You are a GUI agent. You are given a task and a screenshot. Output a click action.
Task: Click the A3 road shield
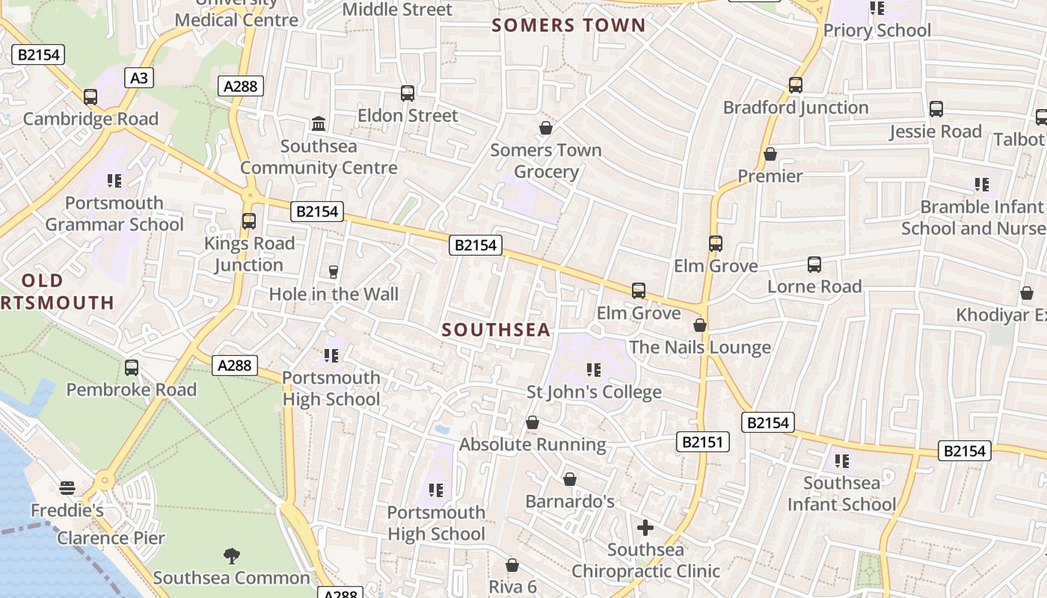[x=139, y=78]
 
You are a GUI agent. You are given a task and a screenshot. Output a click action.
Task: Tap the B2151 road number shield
[x=704, y=442]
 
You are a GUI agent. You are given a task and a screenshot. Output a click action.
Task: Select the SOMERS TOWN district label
[x=568, y=25]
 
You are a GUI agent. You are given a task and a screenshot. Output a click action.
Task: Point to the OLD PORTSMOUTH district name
[x=57, y=292]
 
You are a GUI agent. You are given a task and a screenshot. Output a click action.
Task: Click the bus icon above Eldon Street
[x=408, y=93]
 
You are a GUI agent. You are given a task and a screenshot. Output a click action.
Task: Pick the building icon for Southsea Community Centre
[x=319, y=123]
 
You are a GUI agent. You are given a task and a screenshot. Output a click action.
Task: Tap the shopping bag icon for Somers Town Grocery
[x=546, y=128]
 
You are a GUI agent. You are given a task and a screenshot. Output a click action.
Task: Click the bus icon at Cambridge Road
[x=90, y=97]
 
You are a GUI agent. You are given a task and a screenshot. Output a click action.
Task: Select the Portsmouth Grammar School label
[x=114, y=214]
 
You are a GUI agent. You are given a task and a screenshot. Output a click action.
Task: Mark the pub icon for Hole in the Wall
[x=334, y=272]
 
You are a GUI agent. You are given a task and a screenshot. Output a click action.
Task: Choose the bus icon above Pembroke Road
[x=132, y=368]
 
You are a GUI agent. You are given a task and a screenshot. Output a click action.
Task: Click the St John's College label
[x=595, y=392]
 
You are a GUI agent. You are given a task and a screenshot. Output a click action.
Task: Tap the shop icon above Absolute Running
[x=532, y=423]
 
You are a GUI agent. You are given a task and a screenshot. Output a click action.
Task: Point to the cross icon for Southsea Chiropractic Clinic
[x=645, y=528]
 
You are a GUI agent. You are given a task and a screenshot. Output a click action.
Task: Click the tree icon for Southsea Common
[x=232, y=555]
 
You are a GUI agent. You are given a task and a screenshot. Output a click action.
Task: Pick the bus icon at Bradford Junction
[x=796, y=85]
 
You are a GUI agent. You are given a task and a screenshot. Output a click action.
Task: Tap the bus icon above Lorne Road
[x=814, y=265]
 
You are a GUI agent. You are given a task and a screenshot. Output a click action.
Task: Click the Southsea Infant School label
[x=841, y=493]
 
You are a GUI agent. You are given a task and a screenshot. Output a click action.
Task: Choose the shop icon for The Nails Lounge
[x=700, y=326]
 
